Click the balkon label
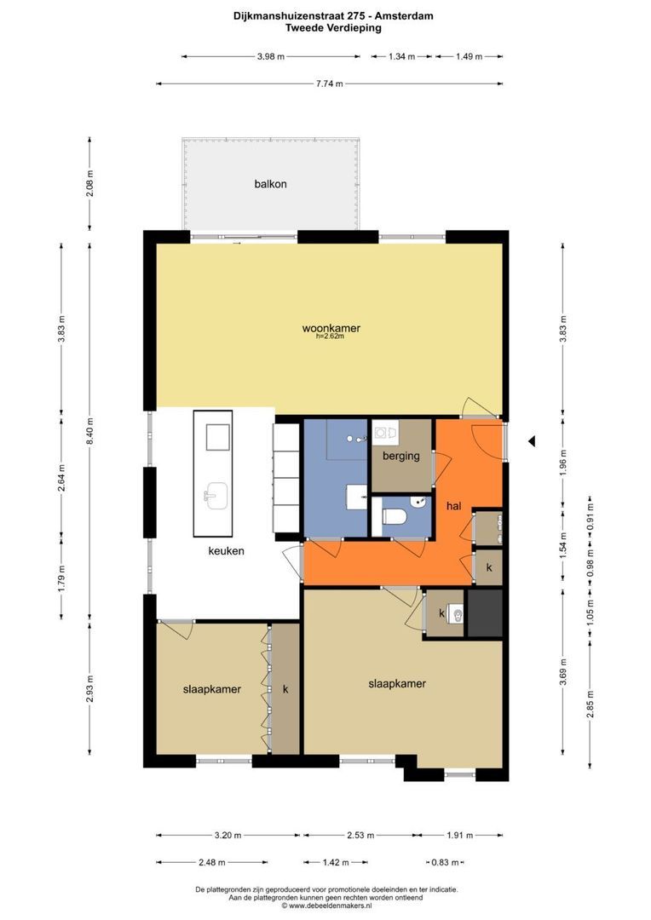pos(271,184)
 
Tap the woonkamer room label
pos(331,328)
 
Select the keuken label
pos(226,551)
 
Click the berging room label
pos(401,456)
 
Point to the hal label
pos(454,506)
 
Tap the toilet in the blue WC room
pos(395,516)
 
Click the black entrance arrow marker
pos(531,440)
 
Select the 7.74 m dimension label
pos(329,83)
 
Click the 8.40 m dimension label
pos(89,431)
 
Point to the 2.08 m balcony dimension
pos(89,183)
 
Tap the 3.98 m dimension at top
pos(271,56)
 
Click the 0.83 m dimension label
pos(445,862)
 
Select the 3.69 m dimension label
pos(563,672)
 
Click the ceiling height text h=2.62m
pos(330,336)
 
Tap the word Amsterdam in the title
pos(407,16)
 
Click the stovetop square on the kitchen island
pos(217,436)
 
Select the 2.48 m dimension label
pos(212,862)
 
